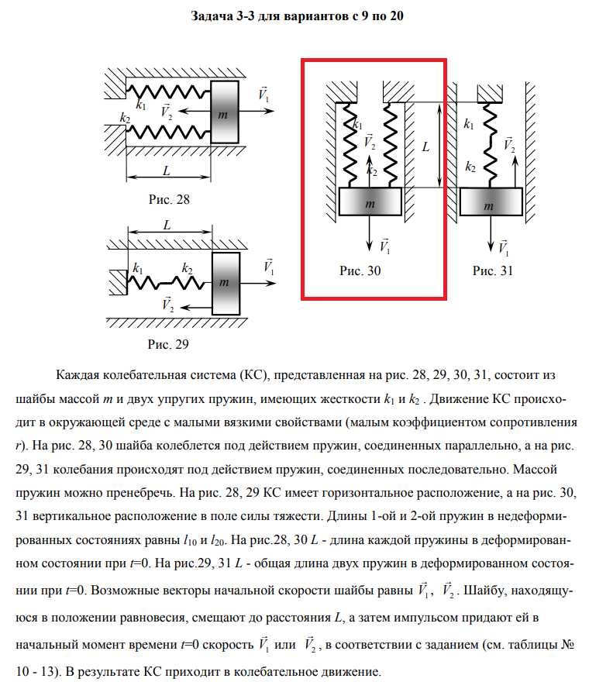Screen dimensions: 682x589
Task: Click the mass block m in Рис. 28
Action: coord(225,111)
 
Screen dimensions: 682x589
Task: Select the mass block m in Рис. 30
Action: coord(370,202)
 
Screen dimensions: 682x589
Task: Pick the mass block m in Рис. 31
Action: coord(488,204)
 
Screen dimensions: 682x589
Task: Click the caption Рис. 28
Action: coord(169,199)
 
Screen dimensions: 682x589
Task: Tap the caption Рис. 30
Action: coord(360,270)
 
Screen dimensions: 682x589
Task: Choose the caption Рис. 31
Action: coord(493,270)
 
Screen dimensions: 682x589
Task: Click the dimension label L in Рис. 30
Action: coord(425,145)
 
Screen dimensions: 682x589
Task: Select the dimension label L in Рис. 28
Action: coord(166,170)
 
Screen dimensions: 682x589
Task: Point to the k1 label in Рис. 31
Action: coord(469,123)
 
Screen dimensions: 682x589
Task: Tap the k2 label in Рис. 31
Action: coord(470,167)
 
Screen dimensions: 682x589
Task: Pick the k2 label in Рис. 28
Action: coord(125,118)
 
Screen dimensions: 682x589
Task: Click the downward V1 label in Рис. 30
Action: coord(385,246)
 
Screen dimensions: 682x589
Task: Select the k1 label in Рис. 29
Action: coord(138,268)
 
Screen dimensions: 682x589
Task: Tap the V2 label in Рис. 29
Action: coord(168,304)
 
